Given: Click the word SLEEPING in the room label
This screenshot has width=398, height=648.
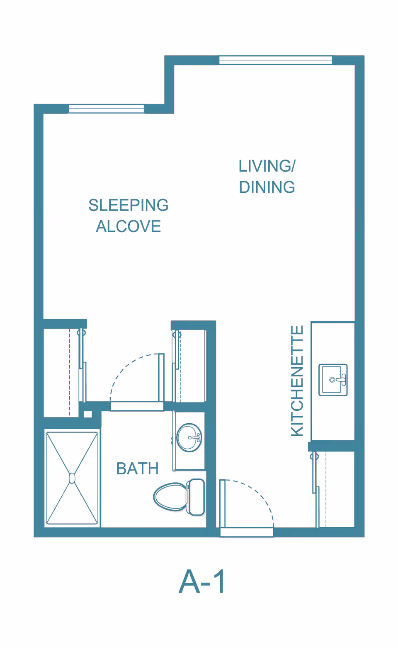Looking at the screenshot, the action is (129, 205).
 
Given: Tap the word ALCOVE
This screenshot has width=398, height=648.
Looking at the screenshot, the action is (129, 226).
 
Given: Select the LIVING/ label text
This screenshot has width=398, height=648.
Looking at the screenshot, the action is (267, 166).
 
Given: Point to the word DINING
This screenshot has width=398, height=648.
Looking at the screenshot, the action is (267, 187).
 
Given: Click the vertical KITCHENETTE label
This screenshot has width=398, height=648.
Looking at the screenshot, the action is (297, 381).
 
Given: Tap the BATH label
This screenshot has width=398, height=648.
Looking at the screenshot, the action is (138, 469).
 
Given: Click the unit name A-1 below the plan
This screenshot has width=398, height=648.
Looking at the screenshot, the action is (202, 581).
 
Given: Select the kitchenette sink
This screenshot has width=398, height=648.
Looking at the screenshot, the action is (333, 380).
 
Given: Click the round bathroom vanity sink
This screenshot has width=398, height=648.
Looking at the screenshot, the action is (189, 438).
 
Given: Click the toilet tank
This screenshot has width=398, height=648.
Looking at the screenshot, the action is (196, 497).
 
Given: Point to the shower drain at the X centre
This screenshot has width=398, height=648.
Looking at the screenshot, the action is (72, 478).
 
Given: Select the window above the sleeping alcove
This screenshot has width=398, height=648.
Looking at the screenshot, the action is (106, 109).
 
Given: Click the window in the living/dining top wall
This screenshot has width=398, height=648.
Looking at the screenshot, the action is (276, 60).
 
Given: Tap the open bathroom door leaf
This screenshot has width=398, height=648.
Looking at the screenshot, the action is (161, 378).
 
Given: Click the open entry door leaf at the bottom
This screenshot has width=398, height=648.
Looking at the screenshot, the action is (222, 503).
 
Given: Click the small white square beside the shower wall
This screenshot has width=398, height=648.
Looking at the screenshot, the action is (88, 414).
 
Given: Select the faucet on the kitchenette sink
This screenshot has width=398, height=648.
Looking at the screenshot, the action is (340, 380).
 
